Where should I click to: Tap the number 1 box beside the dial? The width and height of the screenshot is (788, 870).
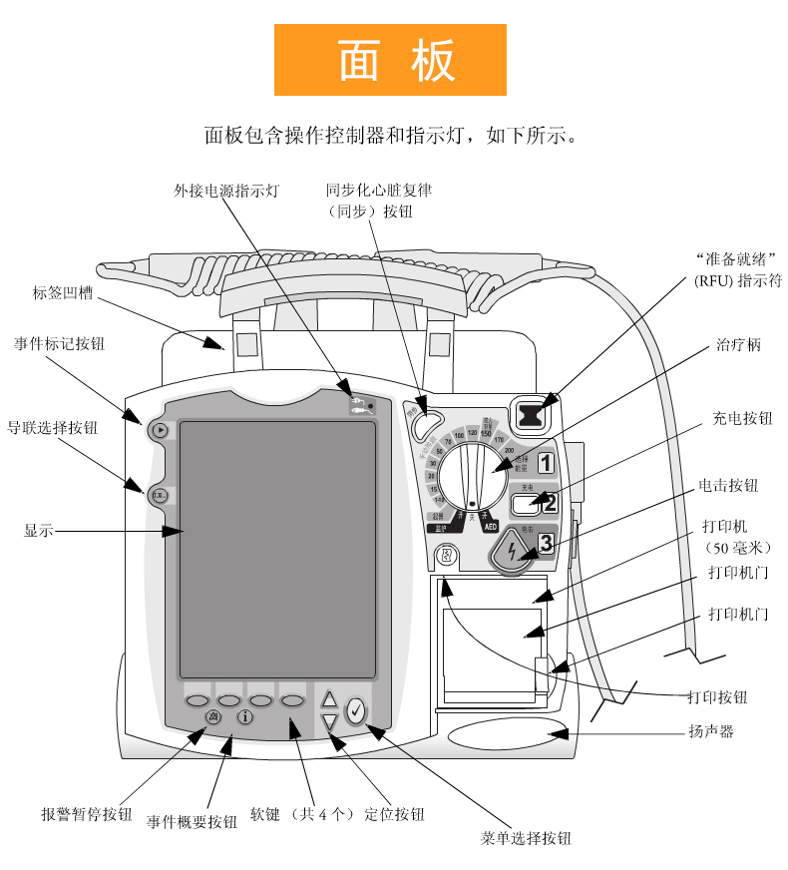pos(546,463)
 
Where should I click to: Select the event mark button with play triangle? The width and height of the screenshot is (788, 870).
pos(160,431)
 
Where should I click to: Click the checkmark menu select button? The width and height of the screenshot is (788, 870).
pos(356,712)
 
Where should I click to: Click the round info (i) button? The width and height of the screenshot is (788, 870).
pos(244,717)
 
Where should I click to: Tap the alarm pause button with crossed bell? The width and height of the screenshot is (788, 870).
pos(212,717)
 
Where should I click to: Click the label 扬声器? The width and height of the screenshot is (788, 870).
pos(711,731)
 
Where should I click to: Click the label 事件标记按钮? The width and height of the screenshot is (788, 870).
pos(59,344)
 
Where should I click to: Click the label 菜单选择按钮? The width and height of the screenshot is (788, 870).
pos(526,838)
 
